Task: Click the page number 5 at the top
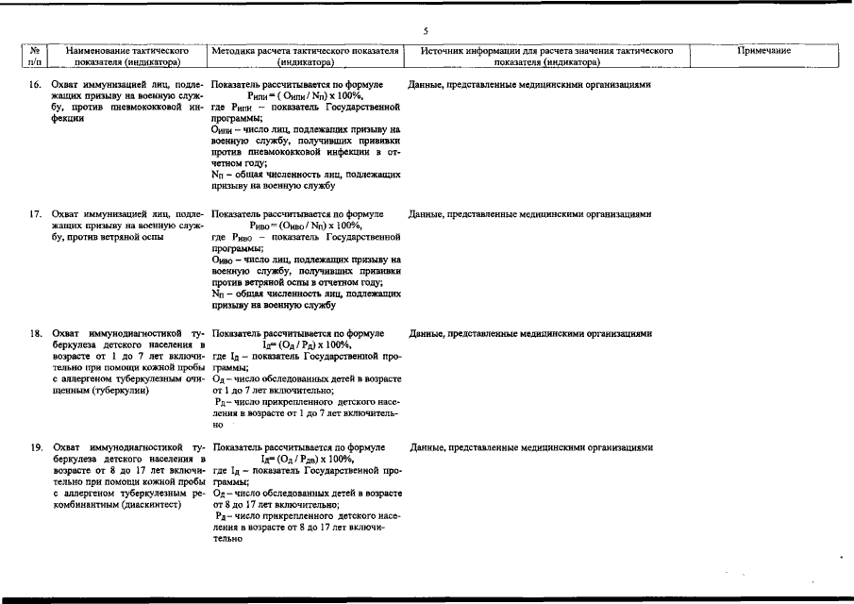[x=426, y=31]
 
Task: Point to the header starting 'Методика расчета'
[x=306, y=56]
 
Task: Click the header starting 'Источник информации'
[x=546, y=56]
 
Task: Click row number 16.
[x=34, y=85]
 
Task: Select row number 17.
[x=34, y=214]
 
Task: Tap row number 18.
[x=34, y=334]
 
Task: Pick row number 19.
[x=34, y=447]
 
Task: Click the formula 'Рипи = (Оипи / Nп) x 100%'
[x=305, y=96]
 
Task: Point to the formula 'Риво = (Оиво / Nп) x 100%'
[x=305, y=226]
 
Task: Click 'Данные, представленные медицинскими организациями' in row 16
[x=529, y=85]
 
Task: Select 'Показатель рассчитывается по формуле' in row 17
[x=297, y=214]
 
